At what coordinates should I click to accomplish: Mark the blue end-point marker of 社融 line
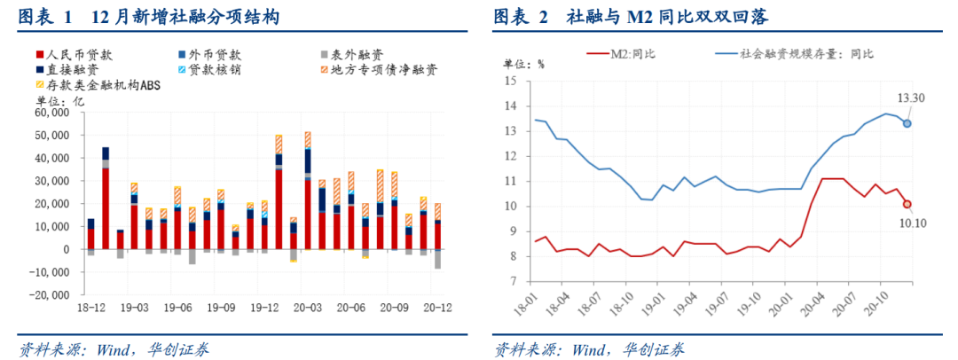tap(907, 123)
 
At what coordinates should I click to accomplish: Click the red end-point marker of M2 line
tap(907, 204)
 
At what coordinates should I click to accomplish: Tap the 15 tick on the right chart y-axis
tap(510, 81)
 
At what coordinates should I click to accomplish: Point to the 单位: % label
tap(523, 65)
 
